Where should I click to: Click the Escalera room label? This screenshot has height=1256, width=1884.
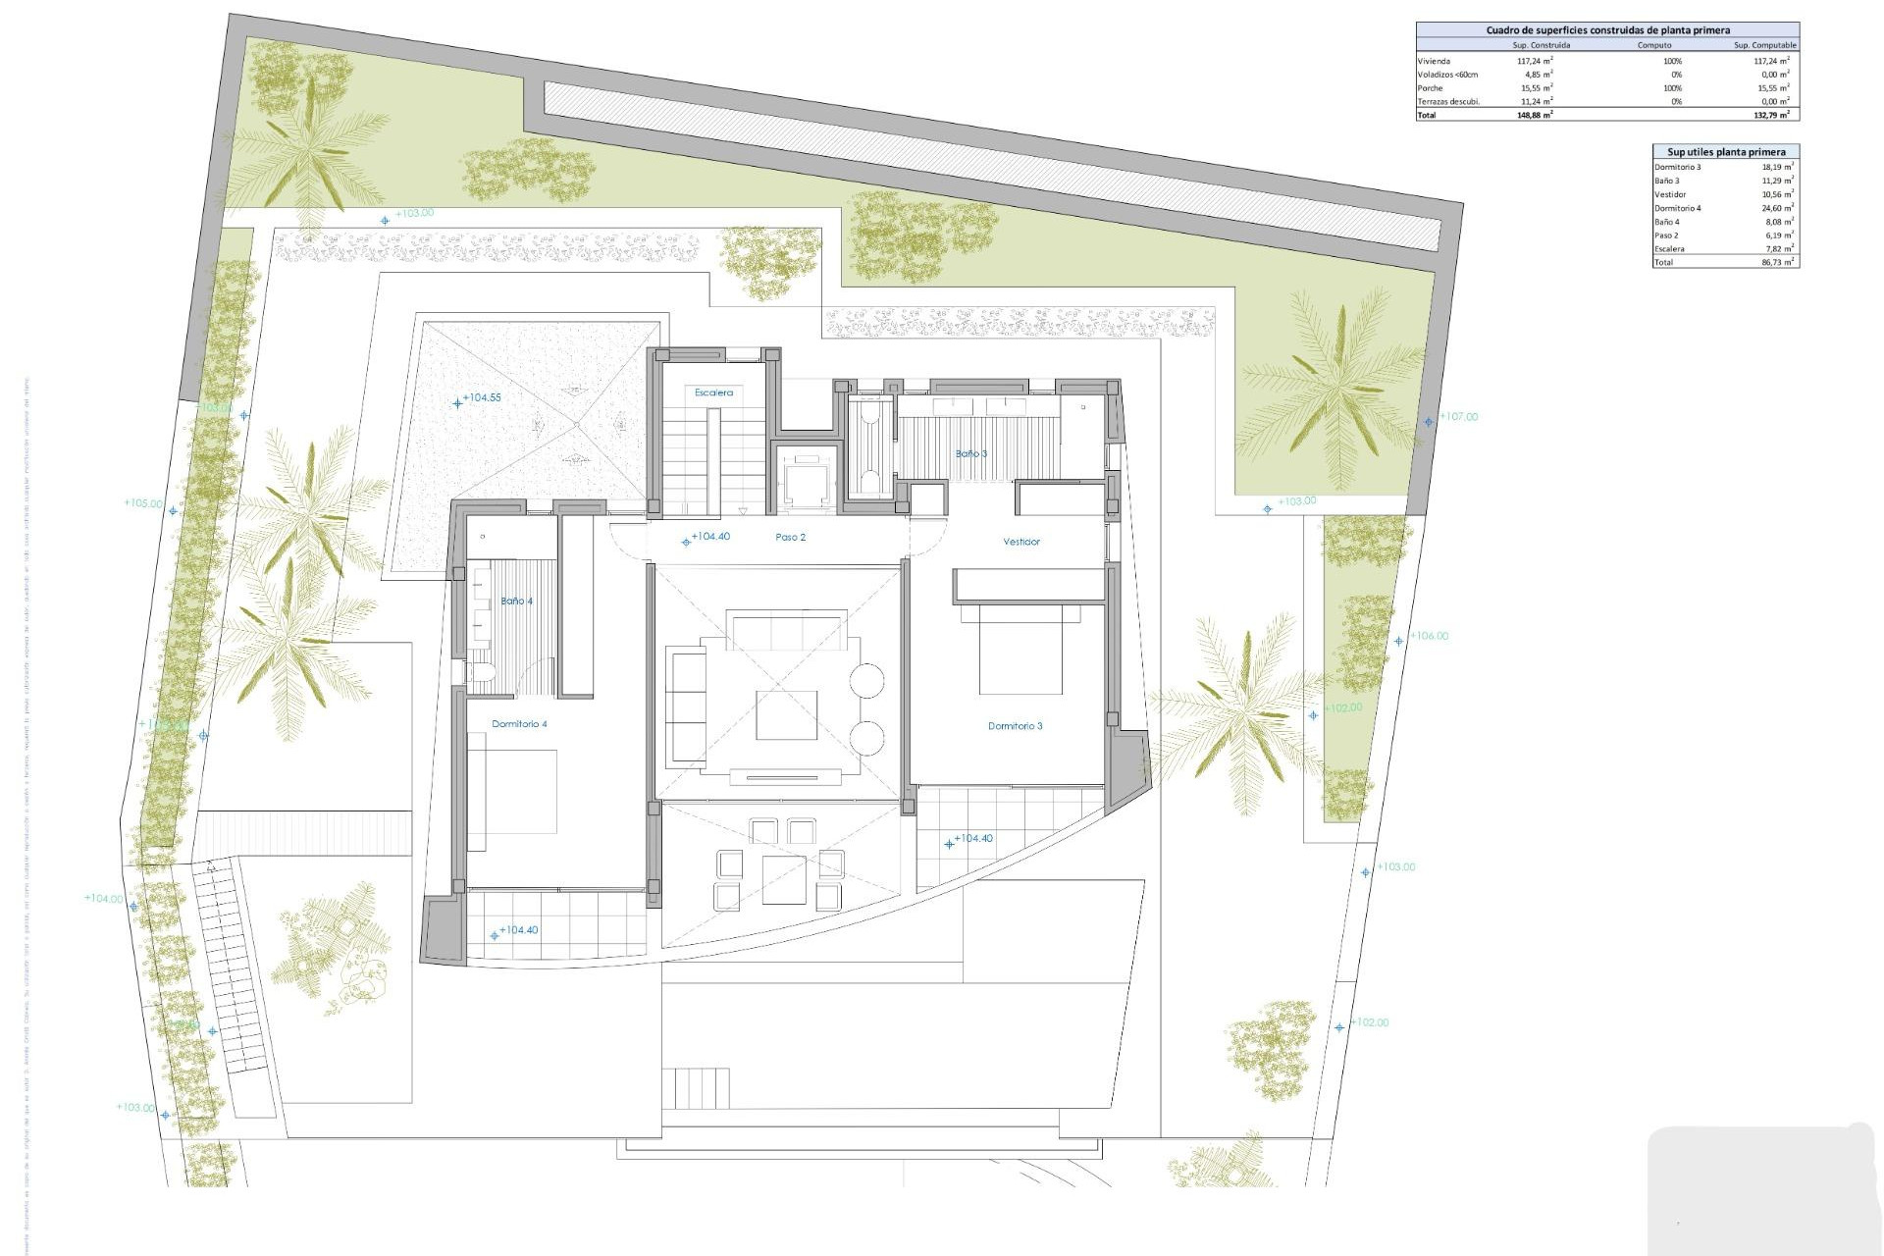tap(713, 392)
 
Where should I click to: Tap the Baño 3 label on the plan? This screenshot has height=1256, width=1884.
tap(971, 453)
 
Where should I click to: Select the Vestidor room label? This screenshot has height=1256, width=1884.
tap(1020, 542)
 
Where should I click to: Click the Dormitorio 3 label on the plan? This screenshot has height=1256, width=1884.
tap(1015, 726)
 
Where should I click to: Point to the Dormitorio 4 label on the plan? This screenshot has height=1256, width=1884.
tap(519, 724)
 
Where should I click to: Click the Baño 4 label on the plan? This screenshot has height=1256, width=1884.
tap(516, 601)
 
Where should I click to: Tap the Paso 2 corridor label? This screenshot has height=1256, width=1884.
tap(790, 538)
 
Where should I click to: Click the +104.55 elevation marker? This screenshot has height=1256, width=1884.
tap(481, 398)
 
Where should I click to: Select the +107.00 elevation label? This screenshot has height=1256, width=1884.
tap(1458, 417)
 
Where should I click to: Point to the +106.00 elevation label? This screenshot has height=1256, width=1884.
tap(1429, 636)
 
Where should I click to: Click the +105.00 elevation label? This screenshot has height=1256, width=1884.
tap(143, 503)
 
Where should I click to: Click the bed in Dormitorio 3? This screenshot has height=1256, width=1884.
tap(1020, 653)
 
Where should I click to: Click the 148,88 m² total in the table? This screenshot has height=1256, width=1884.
tap(1534, 115)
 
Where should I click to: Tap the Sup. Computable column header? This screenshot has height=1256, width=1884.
tap(1764, 45)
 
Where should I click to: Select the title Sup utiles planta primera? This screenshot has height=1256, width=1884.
tap(1726, 152)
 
